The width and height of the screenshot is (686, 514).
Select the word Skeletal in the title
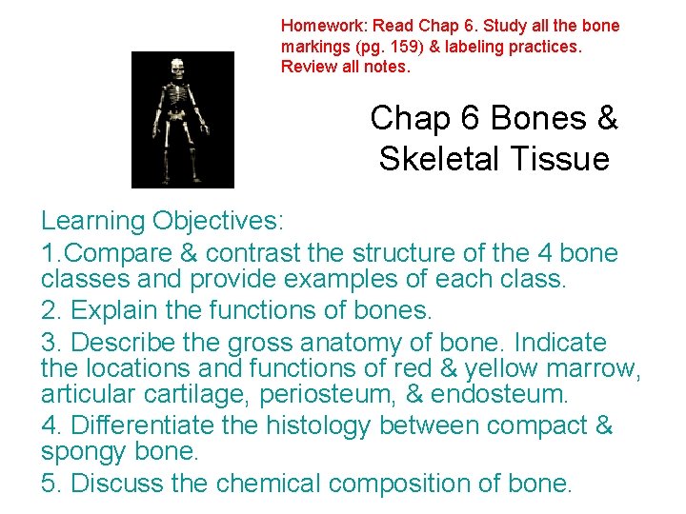(x=435, y=158)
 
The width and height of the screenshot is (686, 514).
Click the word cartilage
(x=212, y=393)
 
